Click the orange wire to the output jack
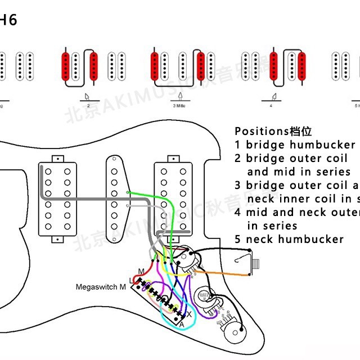[225, 273]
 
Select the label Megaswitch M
[101, 287]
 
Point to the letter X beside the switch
[189, 313]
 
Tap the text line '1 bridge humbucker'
[295, 145]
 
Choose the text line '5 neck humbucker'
[289, 239]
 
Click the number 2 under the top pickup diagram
[88, 105]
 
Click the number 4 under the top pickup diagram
[271, 105]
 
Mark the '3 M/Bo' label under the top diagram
[179, 105]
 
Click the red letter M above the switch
[141, 272]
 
